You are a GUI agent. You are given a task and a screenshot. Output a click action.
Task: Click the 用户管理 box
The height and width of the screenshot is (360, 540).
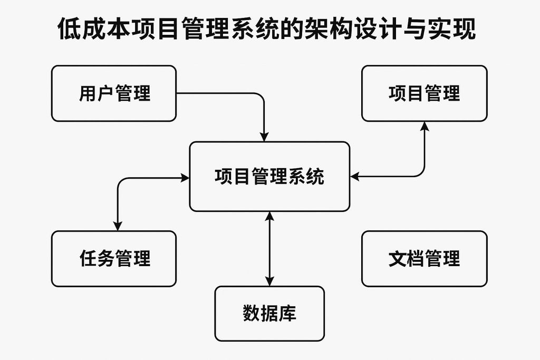tap(113, 93)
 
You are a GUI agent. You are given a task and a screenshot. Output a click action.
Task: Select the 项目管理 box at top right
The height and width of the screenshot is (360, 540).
tap(424, 93)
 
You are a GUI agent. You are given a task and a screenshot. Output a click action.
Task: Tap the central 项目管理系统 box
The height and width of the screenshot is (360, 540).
tap(269, 177)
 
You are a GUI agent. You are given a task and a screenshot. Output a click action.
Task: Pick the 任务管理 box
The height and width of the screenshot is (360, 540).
tap(113, 259)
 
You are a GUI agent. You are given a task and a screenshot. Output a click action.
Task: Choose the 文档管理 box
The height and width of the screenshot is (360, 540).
tap(424, 259)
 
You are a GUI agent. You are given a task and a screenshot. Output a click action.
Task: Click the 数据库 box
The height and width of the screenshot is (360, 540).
tap(269, 313)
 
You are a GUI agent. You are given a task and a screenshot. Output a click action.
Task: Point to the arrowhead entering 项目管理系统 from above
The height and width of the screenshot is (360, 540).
tap(265, 137)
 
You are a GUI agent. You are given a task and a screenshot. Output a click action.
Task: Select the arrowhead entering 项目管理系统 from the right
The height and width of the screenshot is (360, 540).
tap(355, 177)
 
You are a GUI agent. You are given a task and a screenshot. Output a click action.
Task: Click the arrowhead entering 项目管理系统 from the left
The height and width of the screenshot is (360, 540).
tap(185, 178)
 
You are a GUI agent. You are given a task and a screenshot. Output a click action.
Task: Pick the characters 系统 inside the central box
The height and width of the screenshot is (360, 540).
tap(307, 177)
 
